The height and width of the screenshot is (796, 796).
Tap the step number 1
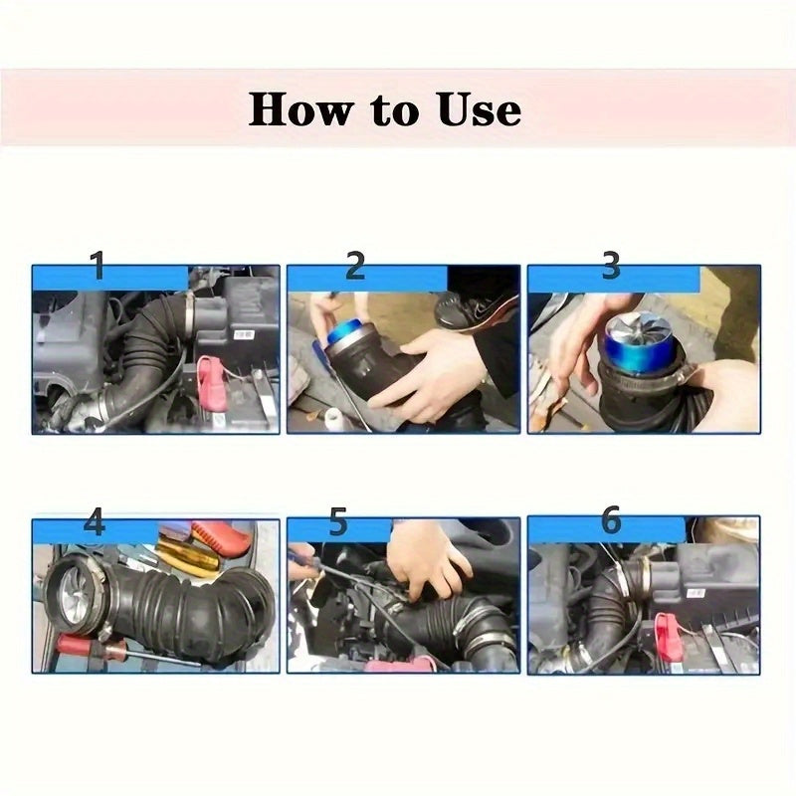(x=97, y=267)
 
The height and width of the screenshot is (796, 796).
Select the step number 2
(x=355, y=267)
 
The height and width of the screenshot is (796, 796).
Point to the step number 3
(x=611, y=266)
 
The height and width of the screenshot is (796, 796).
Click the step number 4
(x=94, y=522)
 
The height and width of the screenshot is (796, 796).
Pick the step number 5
(x=338, y=520)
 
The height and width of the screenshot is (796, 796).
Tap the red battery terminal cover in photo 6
(x=668, y=637)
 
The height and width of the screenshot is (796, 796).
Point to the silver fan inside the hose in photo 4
(x=69, y=596)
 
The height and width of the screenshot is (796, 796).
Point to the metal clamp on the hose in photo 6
(x=637, y=572)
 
